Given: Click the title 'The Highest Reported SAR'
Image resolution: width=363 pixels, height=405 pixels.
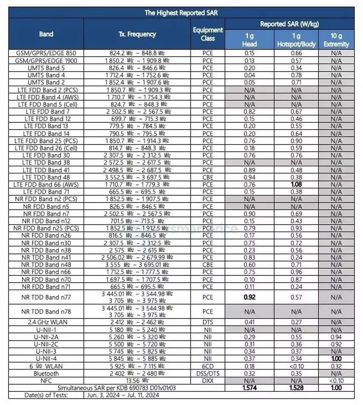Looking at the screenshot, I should click(181, 13).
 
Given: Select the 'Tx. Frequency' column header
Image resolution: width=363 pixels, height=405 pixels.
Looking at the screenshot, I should click(137, 34).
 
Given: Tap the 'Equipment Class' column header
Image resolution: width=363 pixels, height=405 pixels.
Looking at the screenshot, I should click(208, 34).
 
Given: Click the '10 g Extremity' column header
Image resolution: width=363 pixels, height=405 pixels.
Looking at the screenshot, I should click(336, 40).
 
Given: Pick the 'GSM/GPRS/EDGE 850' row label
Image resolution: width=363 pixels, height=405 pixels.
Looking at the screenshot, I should click(46, 53).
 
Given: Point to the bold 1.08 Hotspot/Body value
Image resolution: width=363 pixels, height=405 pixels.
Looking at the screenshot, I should click(296, 184).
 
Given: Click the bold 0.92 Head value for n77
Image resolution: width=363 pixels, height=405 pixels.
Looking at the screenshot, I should click(249, 297).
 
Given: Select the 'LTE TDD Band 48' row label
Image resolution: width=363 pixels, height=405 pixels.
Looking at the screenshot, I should click(46, 177).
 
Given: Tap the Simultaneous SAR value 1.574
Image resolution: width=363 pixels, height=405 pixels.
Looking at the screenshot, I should click(249, 388).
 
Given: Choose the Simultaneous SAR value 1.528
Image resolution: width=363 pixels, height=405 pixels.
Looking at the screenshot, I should click(296, 388).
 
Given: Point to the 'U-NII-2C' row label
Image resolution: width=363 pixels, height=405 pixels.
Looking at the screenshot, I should click(46, 344).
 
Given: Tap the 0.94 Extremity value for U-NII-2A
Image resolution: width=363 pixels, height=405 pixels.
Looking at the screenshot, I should click(336, 337).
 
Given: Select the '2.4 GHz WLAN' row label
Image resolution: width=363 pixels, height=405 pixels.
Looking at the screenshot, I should click(46, 323).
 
